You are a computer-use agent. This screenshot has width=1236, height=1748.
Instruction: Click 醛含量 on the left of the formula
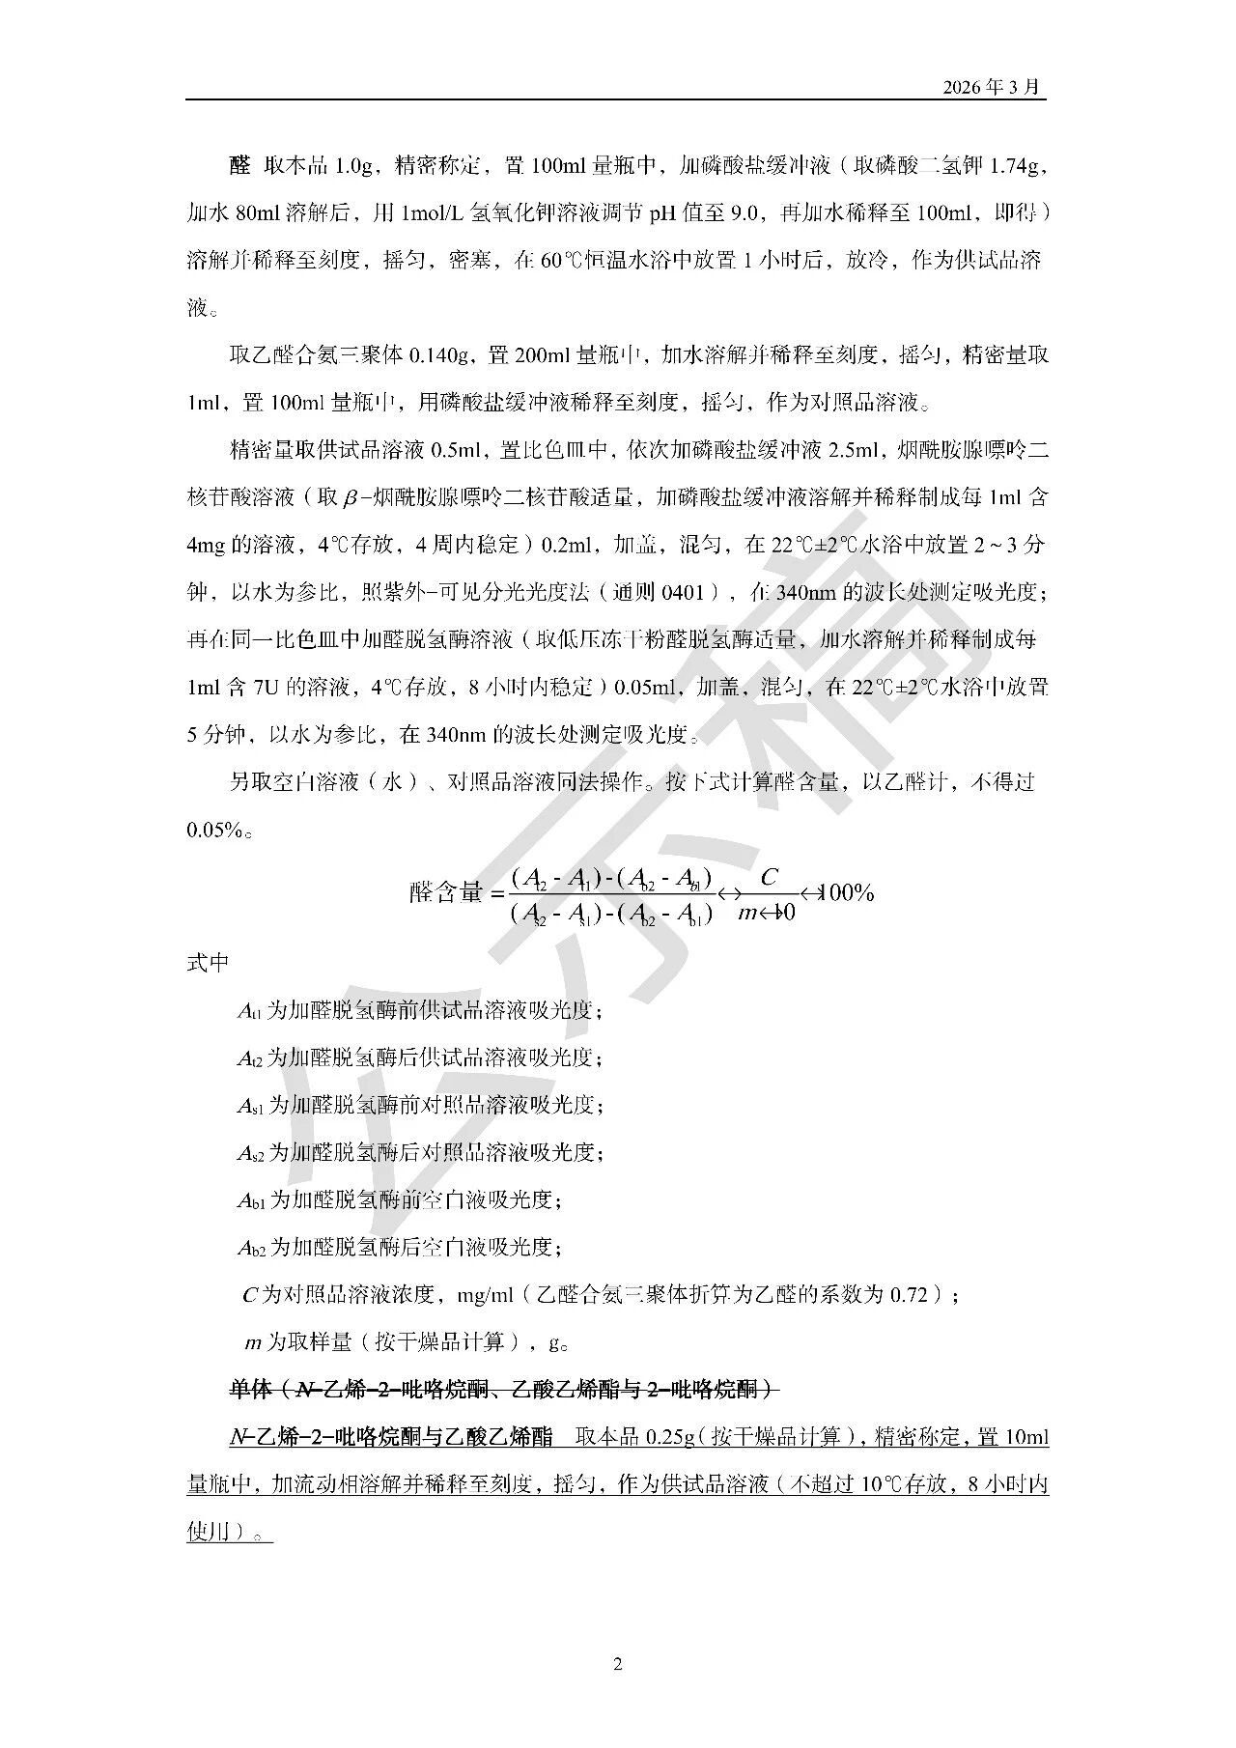(x=445, y=892)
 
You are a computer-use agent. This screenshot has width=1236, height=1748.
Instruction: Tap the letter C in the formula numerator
(x=769, y=877)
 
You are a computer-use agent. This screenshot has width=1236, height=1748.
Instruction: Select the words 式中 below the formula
(x=208, y=963)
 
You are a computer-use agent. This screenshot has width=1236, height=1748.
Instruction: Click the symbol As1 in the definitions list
(x=250, y=1105)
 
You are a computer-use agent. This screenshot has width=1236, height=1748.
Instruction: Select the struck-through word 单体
(x=250, y=1390)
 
